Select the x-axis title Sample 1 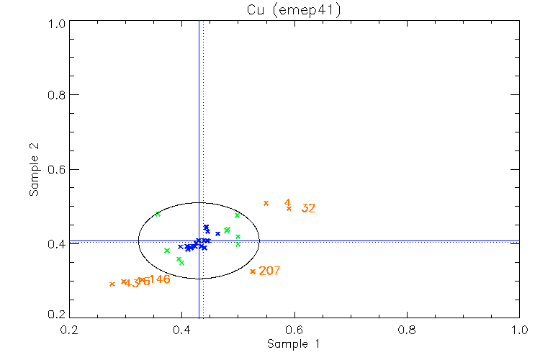point(293,344)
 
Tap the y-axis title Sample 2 point(34,170)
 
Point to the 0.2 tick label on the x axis point(69,330)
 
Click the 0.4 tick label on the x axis point(181,330)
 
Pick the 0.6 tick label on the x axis point(294,330)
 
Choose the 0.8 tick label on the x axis point(407,330)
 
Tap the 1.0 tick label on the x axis point(519,330)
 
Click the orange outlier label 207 point(269,271)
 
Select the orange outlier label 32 point(309,209)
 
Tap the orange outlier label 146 point(159,279)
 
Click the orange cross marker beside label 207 point(253,271)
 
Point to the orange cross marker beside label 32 point(289,208)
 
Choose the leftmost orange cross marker point(112,284)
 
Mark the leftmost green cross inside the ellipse point(158,214)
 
